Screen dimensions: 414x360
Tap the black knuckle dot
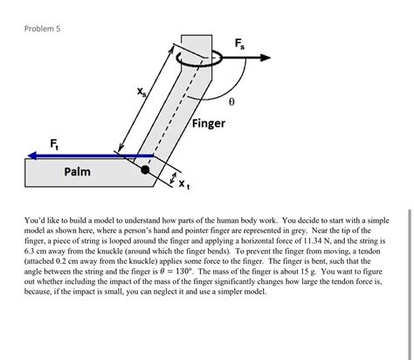coord(146,171)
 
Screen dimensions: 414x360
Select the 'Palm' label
coord(77,172)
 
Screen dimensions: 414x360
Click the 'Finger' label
coord(209,123)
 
